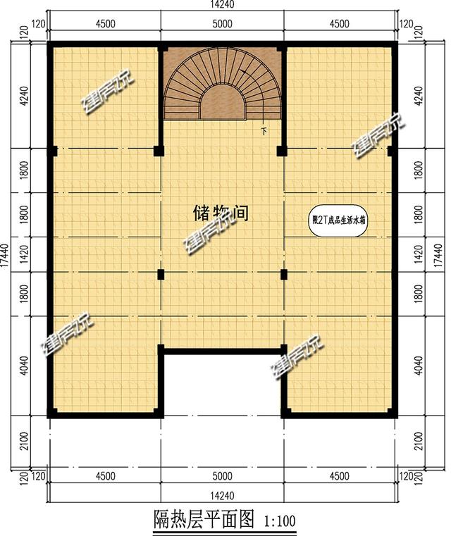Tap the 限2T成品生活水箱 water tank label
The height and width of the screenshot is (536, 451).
point(340,220)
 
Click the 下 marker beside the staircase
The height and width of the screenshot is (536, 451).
point(264,131)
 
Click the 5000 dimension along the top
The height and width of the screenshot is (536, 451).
point(222,23)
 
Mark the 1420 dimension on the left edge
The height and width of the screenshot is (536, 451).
point(25,254)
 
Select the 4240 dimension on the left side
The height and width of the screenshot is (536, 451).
point(25,95)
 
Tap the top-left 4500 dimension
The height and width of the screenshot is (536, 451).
point(104,23)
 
